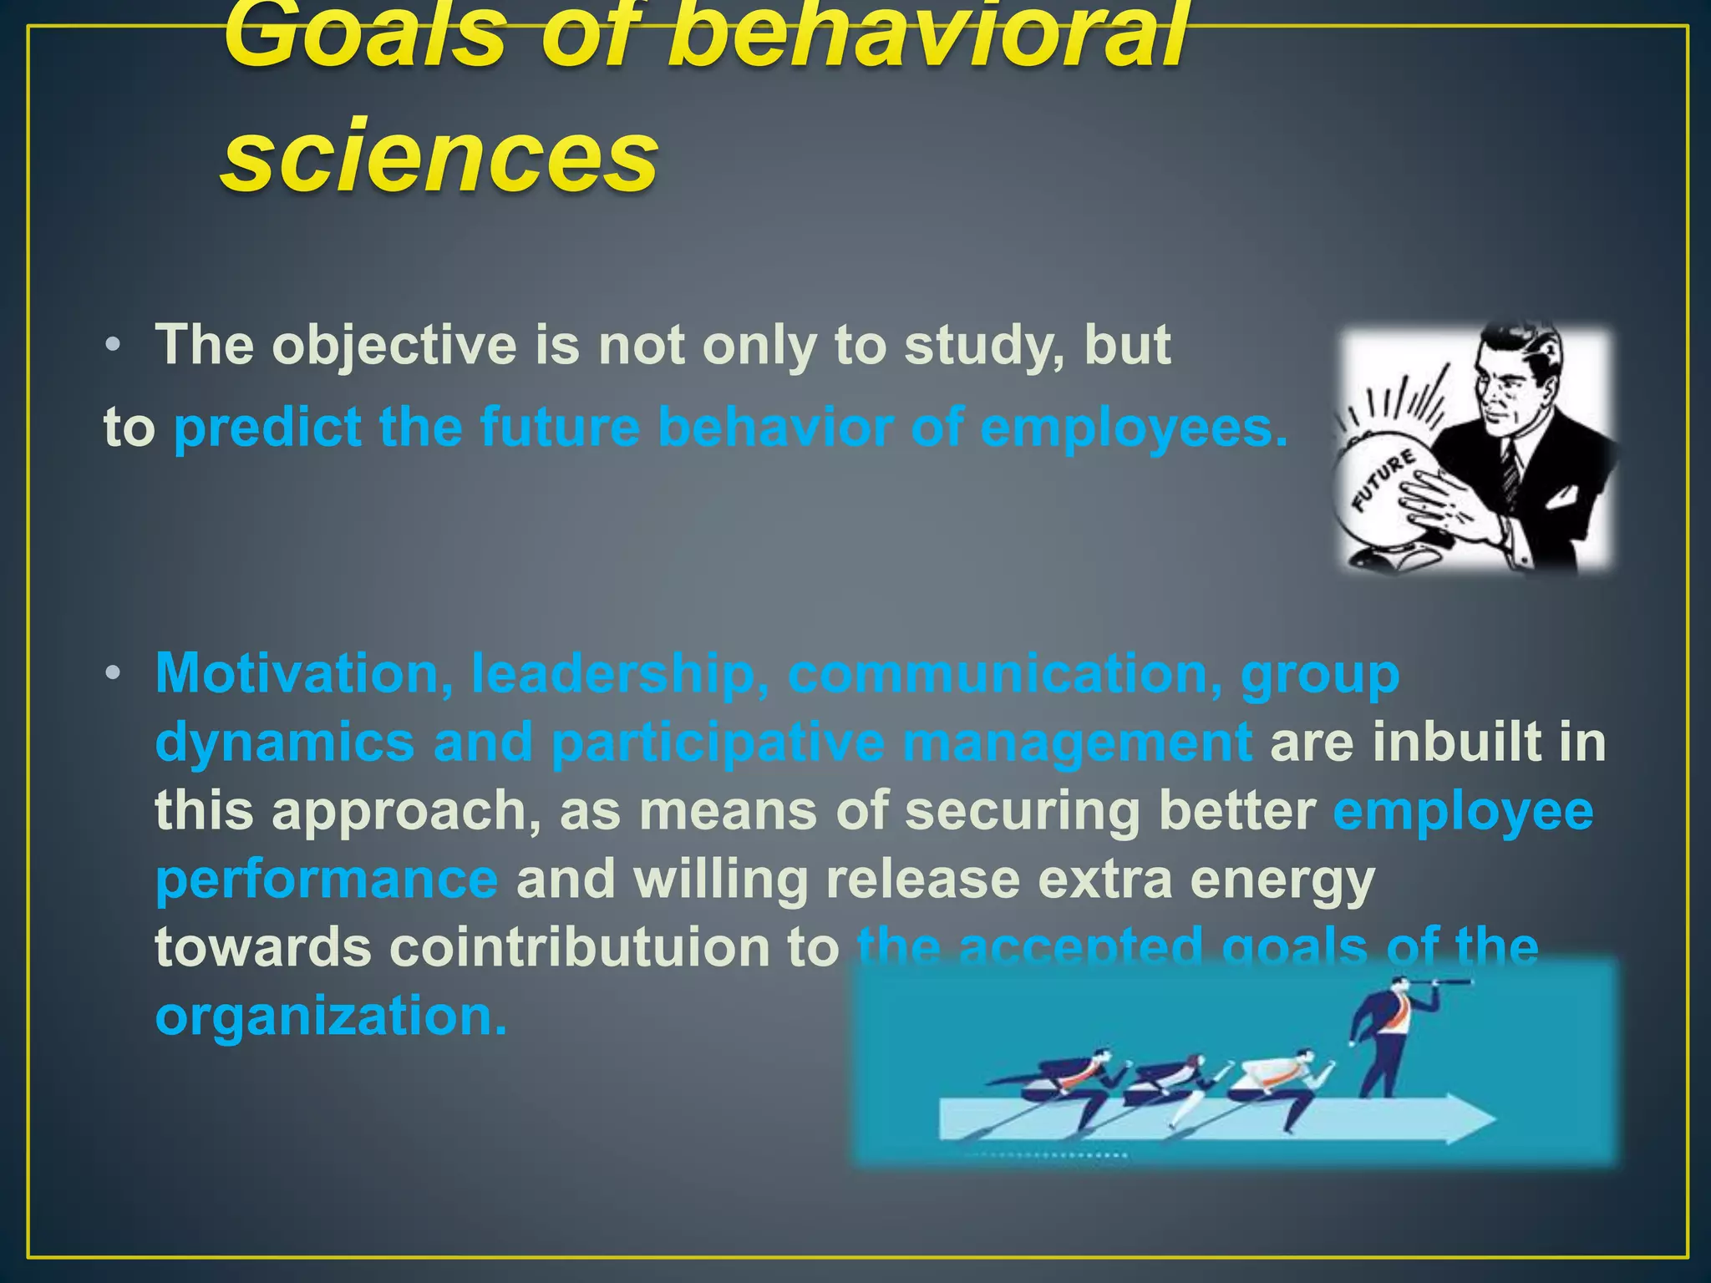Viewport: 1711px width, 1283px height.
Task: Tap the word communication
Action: (999, 673)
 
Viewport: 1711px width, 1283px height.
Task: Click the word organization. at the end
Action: (331, 1016)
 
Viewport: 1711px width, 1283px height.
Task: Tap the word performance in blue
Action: (327, 879)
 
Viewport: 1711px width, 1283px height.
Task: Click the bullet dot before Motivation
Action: (114, 673)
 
